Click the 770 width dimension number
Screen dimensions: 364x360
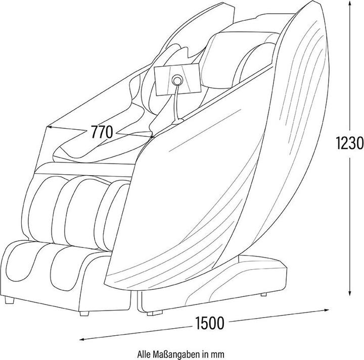pos(102,132)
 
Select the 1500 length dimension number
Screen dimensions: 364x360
pos(210,323)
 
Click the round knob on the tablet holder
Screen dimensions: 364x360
pos(177,80)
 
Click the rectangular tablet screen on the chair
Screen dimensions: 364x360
pos(177,79)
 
